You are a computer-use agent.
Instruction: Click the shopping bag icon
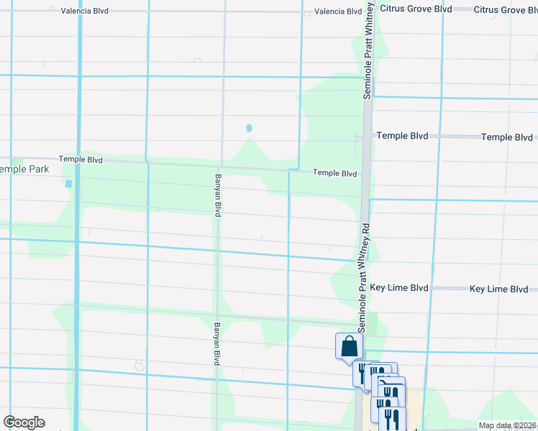(x=349, y=346)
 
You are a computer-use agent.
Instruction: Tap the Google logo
(x=24, y=422)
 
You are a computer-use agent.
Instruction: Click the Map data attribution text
(x=506, y=425)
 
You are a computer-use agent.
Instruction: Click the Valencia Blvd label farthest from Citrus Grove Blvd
(x=84, y=11)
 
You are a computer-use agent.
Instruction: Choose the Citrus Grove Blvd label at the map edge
(x=506, y=10)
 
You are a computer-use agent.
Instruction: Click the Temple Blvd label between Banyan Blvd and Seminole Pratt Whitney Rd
(x=334, y=173)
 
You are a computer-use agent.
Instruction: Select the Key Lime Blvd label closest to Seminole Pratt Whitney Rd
(x=399, y=288)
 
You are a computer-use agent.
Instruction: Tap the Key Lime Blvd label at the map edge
(x=498, y=289)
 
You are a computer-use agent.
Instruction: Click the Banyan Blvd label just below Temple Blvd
(x=216, y=195)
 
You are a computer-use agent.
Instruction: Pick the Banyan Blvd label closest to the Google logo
(x=216, y=344)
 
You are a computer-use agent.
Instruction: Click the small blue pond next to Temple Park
(x=69, y=184)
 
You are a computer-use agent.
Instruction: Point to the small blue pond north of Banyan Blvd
(x=249, y=128)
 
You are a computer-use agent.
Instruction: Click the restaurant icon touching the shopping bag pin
(x=361, y=373)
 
